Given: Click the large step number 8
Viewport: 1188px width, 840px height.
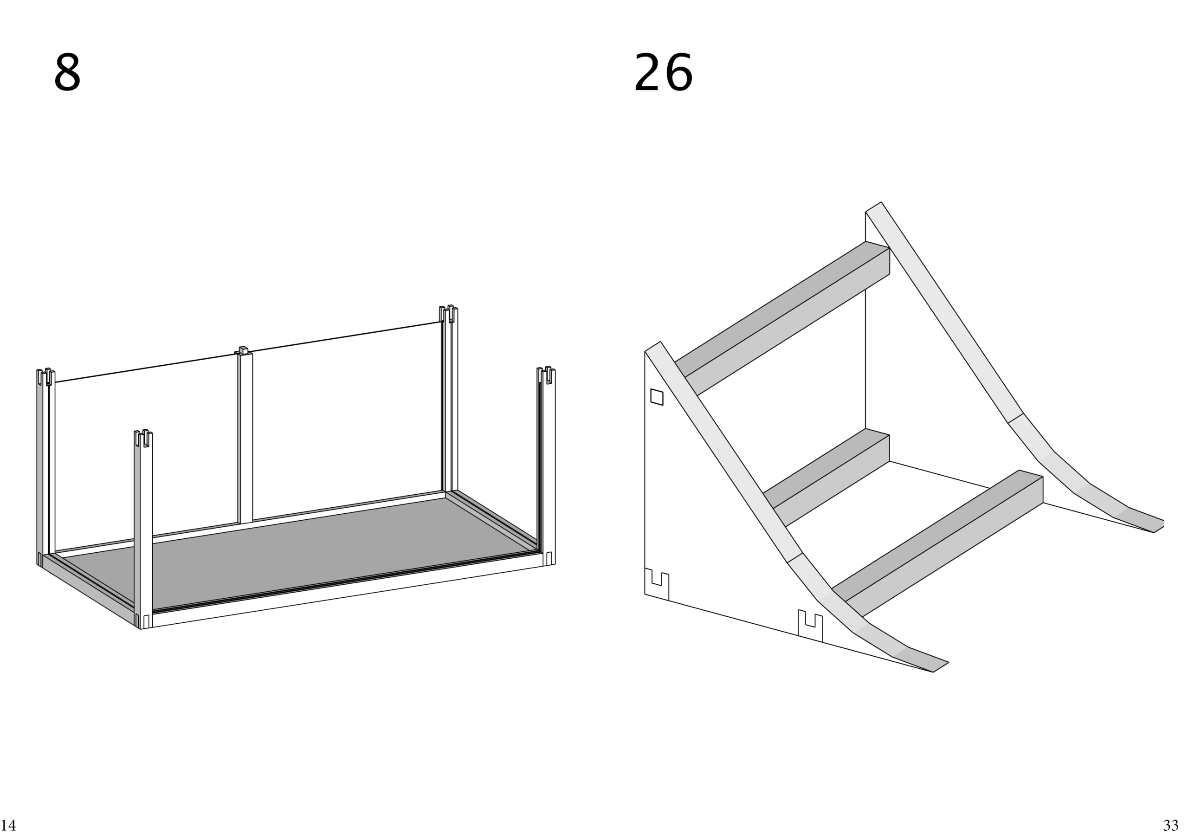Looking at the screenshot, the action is pyautogui.click(x=67, y=73).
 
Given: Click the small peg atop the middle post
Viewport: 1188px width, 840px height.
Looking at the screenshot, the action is pyautogui.click(x=243, y=350).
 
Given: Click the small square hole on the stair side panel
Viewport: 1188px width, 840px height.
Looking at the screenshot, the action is pyautogui.click(x=657, y=397).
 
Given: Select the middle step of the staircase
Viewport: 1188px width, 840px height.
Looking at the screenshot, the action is pyautogui.click(x=826, y=477).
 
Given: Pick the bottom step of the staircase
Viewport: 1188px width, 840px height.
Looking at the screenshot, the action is pyautogui.click(x=937, y=543).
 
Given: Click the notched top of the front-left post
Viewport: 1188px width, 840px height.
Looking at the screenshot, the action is pyautogui.click(x=143, y=439).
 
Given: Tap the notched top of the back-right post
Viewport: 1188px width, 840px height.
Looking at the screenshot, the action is pyautogui.click(x=449, y=314).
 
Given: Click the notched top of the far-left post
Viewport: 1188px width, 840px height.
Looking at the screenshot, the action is pyautogui.click(x=46, y=377).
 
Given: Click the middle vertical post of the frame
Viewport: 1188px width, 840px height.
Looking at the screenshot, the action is pyautogui.click(x=245, y=437).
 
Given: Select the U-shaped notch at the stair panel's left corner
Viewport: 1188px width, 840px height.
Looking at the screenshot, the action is pyautogui.click(x=657, y=585).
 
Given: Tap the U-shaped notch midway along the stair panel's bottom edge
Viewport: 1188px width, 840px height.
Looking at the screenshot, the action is pyautogui.click(x=810, y=626).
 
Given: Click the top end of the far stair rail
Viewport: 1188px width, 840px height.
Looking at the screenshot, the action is pyautogui.click(x=874, y=207).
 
